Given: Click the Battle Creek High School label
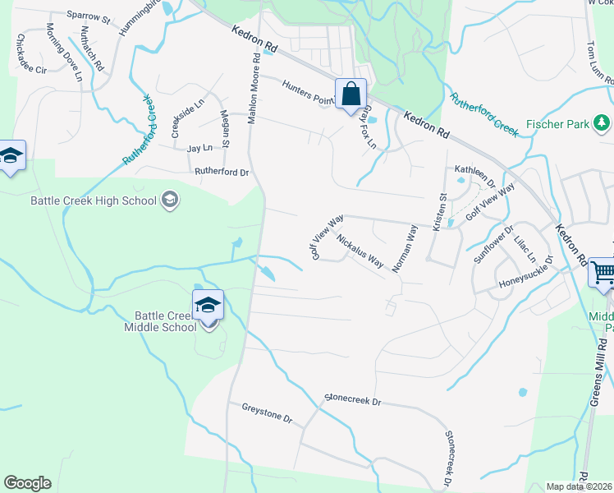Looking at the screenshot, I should coord(93,200).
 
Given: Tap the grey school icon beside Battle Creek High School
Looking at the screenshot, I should coord(170,199).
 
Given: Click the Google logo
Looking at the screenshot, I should coord(27,483).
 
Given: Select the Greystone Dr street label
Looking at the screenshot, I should coord(267,412).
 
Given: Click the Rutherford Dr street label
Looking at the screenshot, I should coord(221,173).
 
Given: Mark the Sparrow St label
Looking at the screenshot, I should coord(89,16).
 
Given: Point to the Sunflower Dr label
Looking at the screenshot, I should coord(493,244).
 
